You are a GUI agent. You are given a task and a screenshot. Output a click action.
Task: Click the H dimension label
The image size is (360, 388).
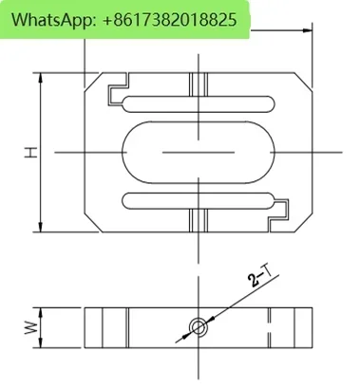(31, 152)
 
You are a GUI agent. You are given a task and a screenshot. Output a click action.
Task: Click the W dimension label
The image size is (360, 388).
(31, 328)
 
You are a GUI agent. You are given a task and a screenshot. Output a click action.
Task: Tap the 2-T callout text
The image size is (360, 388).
(260, 276)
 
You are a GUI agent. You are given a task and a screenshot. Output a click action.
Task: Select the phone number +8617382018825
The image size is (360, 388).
(170, 20)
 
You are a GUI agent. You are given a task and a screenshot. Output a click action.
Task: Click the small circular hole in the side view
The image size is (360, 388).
(199, 326)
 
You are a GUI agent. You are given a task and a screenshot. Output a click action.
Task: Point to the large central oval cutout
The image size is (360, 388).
(199, 152)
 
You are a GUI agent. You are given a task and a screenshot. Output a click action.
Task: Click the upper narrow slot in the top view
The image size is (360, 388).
(199, 104)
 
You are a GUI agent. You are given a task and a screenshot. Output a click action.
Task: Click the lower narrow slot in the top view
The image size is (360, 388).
(199, 201)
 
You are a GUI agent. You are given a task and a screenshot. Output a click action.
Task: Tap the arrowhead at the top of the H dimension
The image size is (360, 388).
(40, 78)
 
